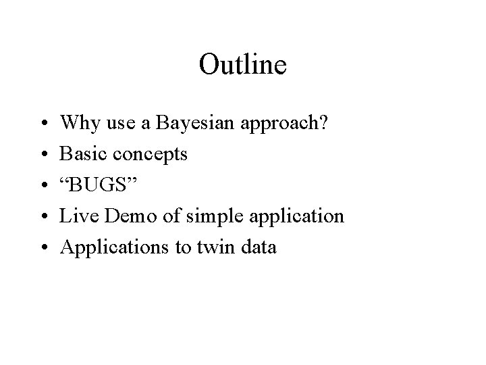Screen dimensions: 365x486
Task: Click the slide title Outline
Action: (x=243, y=65)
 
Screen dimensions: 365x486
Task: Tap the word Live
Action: (x=76, y=216)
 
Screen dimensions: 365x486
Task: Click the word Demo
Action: (x=119, y=216)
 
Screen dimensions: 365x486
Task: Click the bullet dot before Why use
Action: (x=43, y=124)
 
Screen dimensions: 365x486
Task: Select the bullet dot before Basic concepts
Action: (x=43, y=155)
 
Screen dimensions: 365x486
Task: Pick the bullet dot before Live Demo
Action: (x=43, y=217)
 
